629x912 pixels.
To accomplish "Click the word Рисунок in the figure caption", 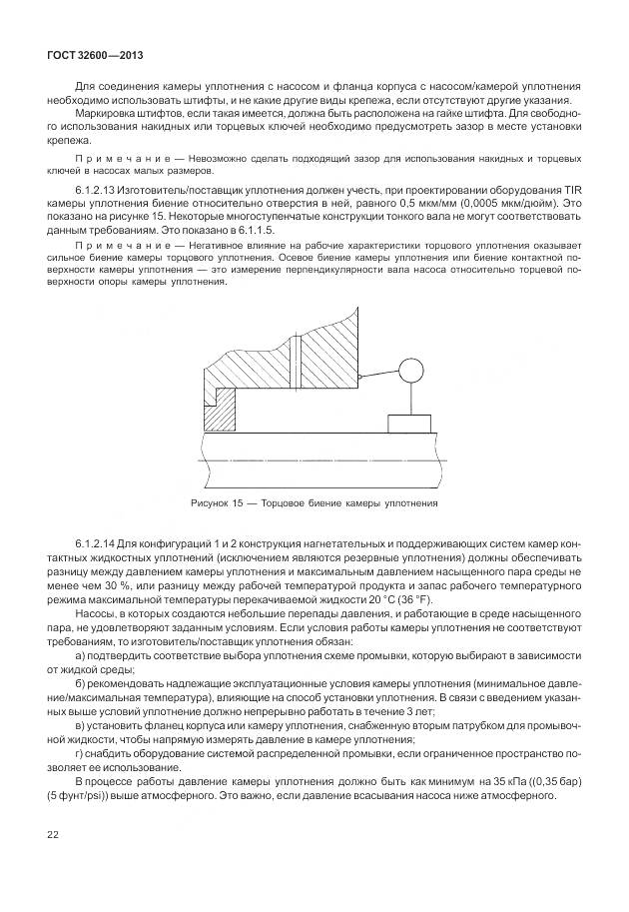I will pos(209,502).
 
